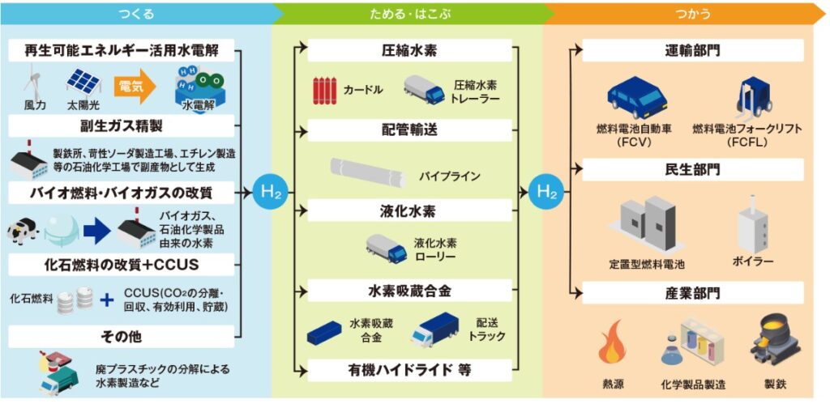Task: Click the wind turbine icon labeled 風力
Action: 34,81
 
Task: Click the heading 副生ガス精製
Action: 122,126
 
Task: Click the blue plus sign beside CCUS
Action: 106,300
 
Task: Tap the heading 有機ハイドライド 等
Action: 409,371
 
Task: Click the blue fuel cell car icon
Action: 637,97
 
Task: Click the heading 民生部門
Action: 692,170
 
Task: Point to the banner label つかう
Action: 692,12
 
